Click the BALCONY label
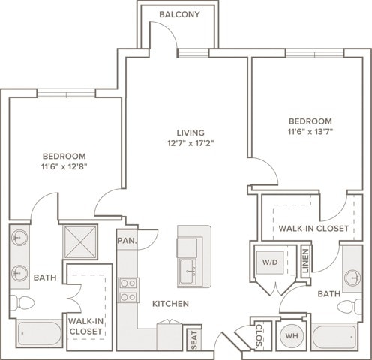(179, 14)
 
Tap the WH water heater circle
(292, 335)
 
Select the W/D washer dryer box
(270, 262)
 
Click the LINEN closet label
(306, 260)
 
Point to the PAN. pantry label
(127, 241)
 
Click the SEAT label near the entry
(194, 340)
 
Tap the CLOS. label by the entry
(259, 335)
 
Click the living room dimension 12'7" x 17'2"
(190, 143)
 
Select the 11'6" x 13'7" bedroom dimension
(310, 132)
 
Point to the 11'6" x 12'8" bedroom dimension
(64, 166)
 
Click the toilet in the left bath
(22, 303)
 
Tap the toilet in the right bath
(349, 306)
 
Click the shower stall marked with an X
(80, 241)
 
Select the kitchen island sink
(187, 271)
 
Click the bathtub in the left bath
(40, 334)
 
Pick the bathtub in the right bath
(334, 337)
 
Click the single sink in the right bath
(352, 277)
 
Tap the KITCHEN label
(170, 304)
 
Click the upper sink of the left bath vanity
(19, 238)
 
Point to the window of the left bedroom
(66, 94)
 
